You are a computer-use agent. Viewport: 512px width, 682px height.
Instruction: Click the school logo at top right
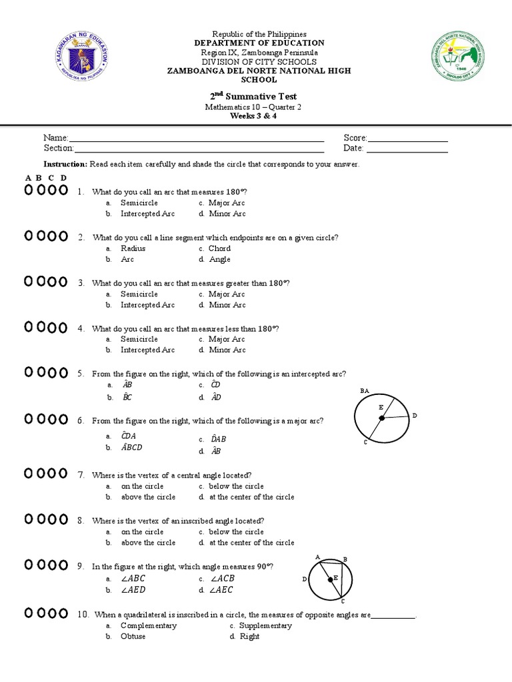457,57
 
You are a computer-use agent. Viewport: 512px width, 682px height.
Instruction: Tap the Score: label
355,137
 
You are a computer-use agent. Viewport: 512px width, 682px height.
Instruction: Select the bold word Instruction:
65,164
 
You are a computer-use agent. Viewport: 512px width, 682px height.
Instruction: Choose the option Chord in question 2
219,248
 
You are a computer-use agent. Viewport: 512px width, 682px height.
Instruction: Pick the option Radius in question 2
133,248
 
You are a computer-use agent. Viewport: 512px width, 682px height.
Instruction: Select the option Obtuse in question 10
133,637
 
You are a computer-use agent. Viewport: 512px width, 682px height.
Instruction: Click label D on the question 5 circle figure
414,416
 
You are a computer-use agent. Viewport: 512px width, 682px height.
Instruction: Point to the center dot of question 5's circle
382,418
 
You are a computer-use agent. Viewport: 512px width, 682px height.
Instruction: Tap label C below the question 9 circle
342,601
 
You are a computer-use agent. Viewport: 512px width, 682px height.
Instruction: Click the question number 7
81,476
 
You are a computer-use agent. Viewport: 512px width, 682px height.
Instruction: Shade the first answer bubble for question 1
29,190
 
